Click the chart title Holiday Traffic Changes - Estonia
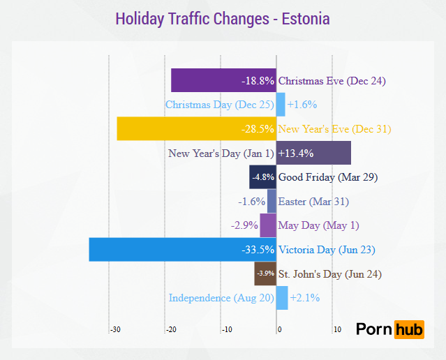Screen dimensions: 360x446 click(x=222, y=18)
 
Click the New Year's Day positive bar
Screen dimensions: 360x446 click(x=313, y=153)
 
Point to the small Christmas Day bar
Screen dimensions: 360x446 click(x=281, y=105)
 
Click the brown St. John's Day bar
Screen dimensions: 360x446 click(x=265, y=273)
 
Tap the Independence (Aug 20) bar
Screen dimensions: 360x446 click(x=282, y=298)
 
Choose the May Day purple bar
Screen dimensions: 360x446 click(x=268, y=225)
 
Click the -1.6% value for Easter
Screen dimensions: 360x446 click(x=251, y=202)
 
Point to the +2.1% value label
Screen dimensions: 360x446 click(x=304, y=298)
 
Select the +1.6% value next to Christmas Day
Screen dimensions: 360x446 click(x=302, y=105)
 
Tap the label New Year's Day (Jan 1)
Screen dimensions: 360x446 click(x=221, y=153)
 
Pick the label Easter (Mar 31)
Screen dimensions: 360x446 click(x=313, y=202)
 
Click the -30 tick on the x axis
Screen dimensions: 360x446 click(x=115, y=329)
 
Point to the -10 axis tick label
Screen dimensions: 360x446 click(x=226, y=329)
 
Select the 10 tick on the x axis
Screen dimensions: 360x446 click(x=337, y=329)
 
